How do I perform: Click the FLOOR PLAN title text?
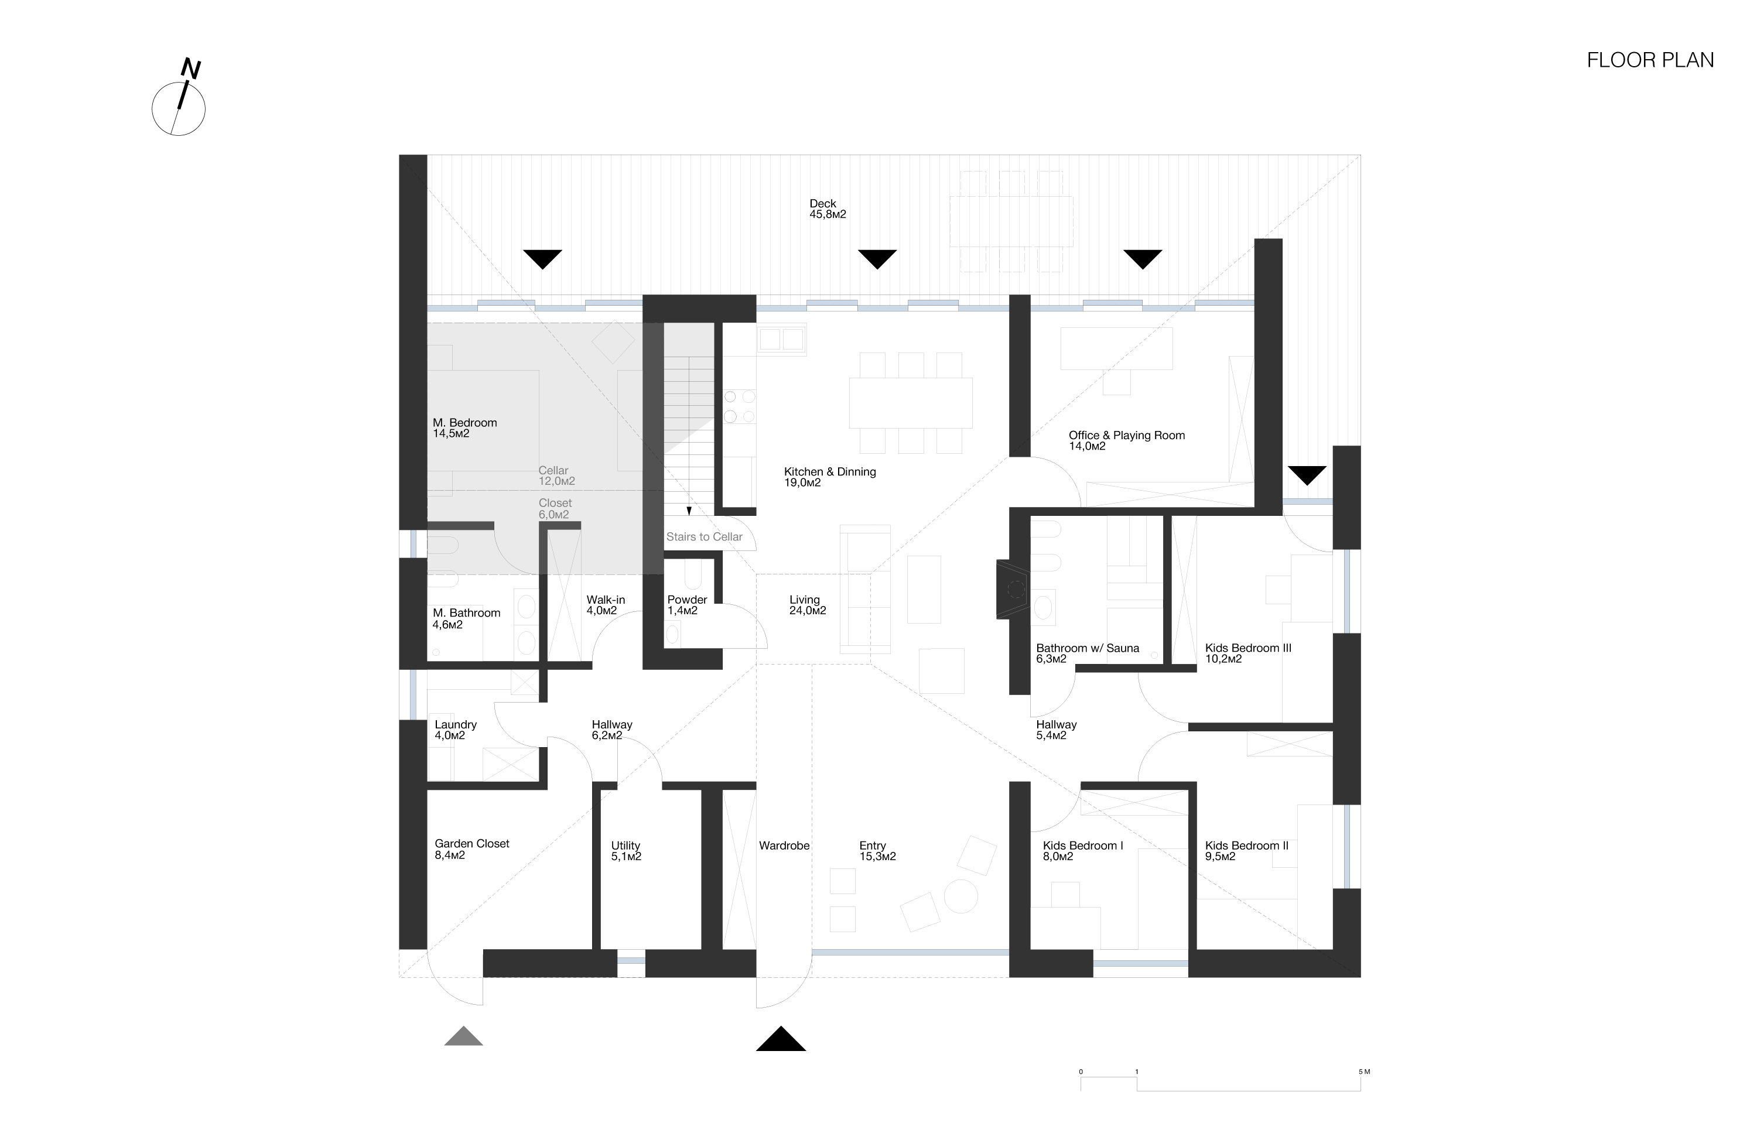point(1650,60)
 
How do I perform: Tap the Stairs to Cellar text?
point(704,537)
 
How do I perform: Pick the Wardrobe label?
point(784,846)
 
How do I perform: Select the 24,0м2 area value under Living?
point(807,611)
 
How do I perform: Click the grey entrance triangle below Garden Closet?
point(463,1036)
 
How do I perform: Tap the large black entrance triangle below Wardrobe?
point(781,1039)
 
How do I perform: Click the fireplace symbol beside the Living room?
point(1013,589)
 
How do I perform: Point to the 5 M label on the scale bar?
point(1364,1072)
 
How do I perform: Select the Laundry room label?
point(456,725)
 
